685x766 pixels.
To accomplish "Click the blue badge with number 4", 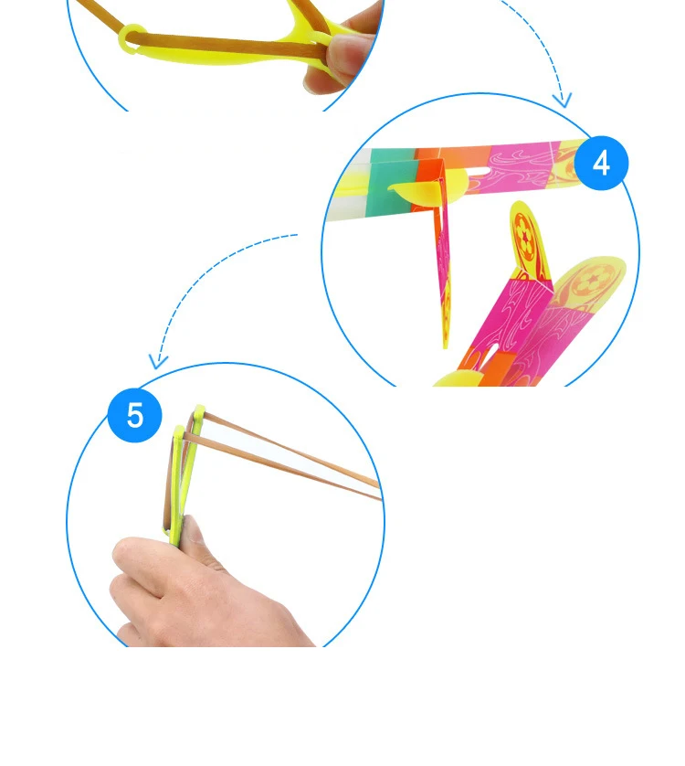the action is pyautogui.click(x=601, y=164).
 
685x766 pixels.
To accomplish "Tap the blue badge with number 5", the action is pyautogui.click(x=135, y=415).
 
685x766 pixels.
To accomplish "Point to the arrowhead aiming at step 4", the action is pyautogui.click(x=563, y=101).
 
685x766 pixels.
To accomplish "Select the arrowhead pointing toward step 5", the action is pyautogui.click(x=158, y=361).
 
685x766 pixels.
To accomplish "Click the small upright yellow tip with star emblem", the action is pyautogui.click(x=528, y=237).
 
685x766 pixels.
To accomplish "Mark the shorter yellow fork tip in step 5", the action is pyautogui.click(x=179, y=431).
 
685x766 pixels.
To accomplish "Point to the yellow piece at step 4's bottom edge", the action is pyautogui.click(x=457, y=379).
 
